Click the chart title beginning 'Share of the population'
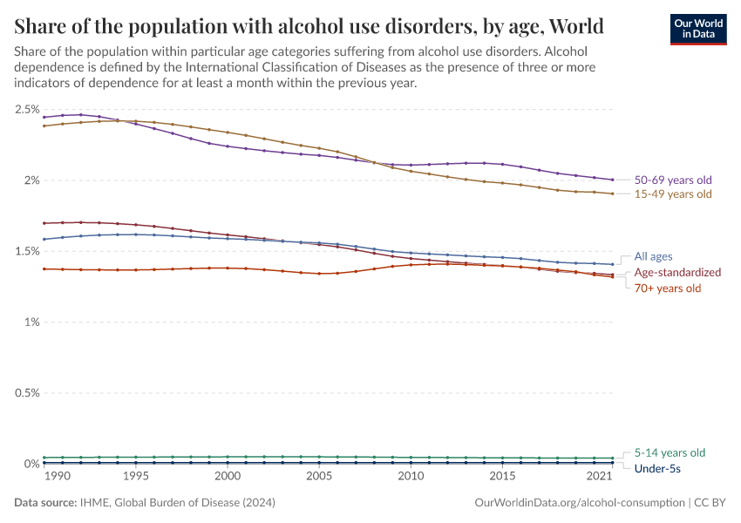coord(309,23)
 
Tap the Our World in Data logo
coord(697,28)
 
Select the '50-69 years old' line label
coord(673,180)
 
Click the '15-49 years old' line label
coord(673,194)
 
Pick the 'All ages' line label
coord(653,256)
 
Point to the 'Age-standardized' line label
coord(677,272)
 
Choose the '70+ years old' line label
coord(668,288)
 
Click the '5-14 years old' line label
coord(670,452)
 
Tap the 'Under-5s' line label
coord(656,469)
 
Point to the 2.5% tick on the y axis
coord(27,110)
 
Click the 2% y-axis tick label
coord(31,180)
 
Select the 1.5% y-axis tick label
coord(27,251)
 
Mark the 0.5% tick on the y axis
coord(27,393)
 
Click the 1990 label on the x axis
coord(57,477)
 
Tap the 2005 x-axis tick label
coord(319,477)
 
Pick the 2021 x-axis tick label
coord(599,477)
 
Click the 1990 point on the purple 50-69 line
coord(44,117)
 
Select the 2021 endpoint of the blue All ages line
coord(613,264)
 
